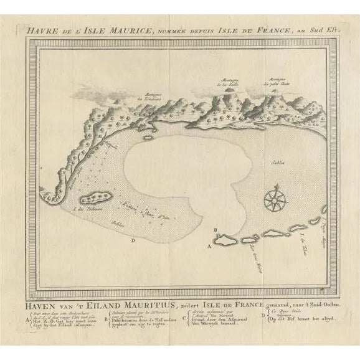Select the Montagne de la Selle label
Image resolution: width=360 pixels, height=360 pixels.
234,83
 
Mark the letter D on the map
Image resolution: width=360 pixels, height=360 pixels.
133,237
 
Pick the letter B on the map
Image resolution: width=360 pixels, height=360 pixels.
215,230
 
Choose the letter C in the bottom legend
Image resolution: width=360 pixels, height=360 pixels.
196,323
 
